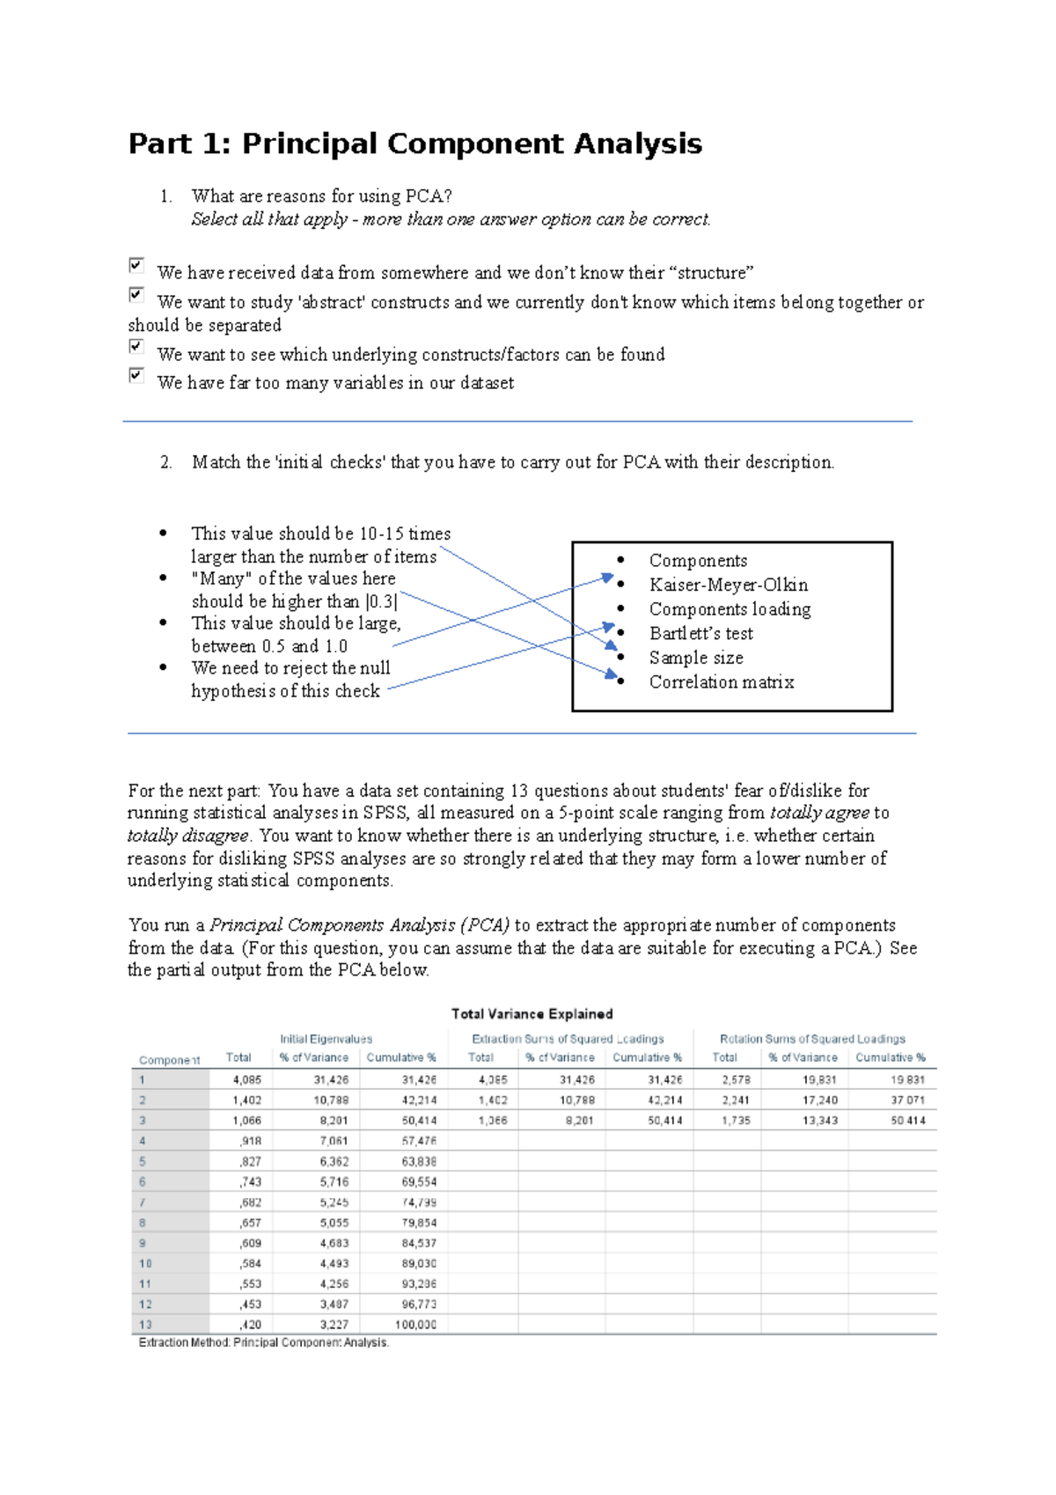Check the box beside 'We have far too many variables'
coord(136,375)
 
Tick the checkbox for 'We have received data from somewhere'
coord(136,265)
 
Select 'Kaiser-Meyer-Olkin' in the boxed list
coord(728,585)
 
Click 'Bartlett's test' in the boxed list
coord(700,633)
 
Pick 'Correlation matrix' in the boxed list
coord(721,681)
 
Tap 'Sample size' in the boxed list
coord(695,658)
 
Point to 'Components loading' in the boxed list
coord(730,609)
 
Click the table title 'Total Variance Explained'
coord(532,1014)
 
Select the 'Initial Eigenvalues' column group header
coord(326,1039)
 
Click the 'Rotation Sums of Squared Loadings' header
coord(811,1039)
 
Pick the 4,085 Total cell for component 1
coord(246,1079)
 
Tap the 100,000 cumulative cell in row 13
coord(415,1324)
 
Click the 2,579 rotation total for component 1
coord(736,1079)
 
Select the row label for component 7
coord(143,1203)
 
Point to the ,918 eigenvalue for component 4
coord(250,1141)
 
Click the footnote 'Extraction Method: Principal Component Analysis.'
coord(263,1343)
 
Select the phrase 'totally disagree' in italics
coord(187,836)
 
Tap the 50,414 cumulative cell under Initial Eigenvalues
coord(419,1121)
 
